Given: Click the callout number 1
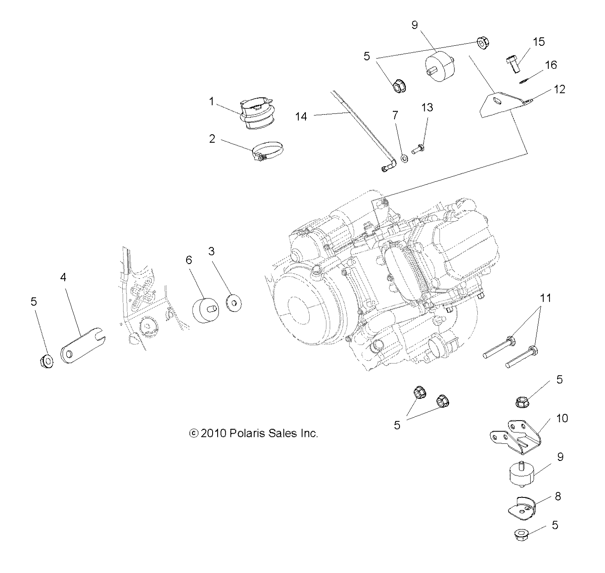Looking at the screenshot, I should click(212, 101).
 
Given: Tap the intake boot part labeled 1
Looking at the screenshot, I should click(257, 110).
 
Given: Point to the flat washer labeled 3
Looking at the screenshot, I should click(234, 301).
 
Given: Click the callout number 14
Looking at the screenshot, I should click(301, 116).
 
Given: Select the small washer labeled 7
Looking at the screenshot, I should click(404, 159).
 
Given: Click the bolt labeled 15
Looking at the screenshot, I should click(513, 64).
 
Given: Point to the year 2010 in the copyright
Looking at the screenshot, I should click(214, 433).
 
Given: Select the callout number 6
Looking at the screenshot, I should click(189, 260).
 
